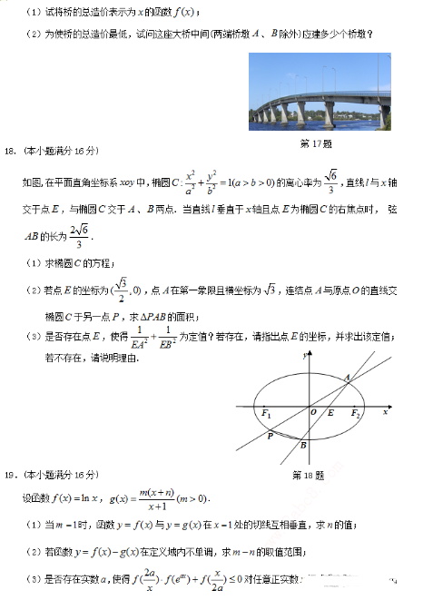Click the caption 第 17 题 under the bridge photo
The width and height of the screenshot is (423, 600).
(315, 143)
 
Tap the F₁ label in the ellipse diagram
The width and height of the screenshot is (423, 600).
(267, 414)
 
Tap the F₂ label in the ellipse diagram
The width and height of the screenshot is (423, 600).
(356, 414)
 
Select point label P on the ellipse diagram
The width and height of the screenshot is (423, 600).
(270, 437)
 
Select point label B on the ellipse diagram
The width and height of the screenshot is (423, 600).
(304, 446)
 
